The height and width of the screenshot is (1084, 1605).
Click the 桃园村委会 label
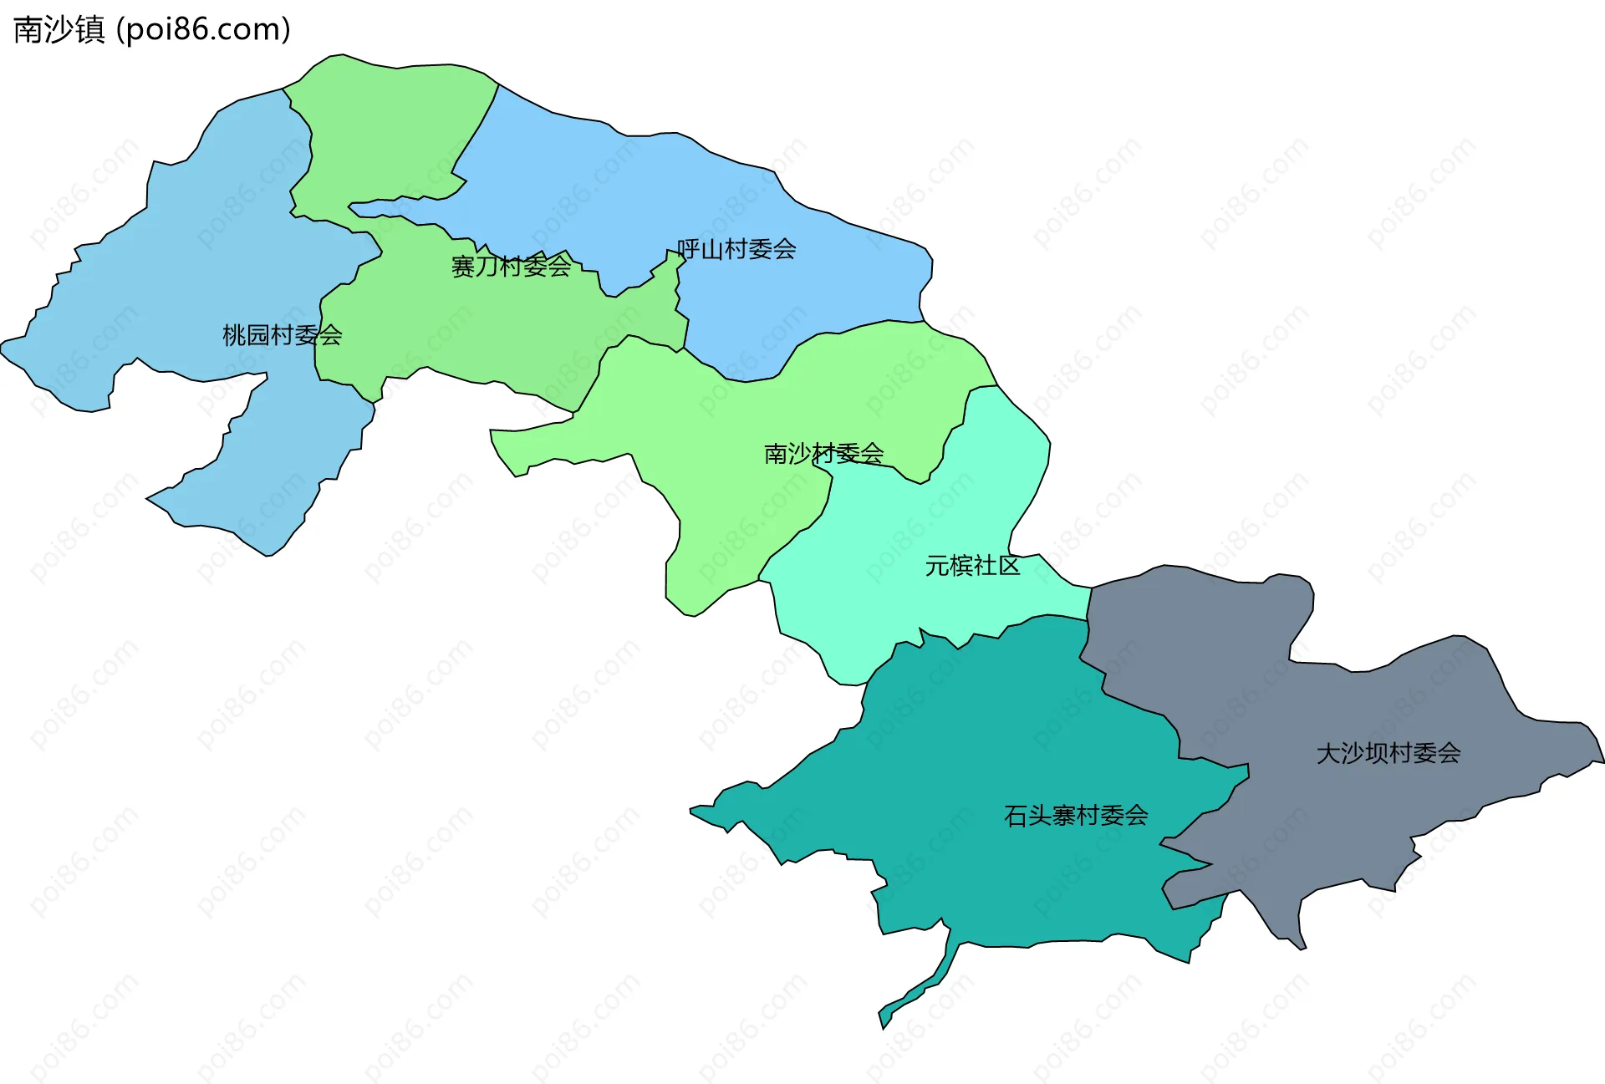[x=282, y=335]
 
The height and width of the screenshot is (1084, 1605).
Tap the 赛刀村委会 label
[x=511, y=267]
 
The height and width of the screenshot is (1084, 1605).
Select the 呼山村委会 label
[x=736, y=249]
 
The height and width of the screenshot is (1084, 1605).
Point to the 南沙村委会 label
[x=823, y=454]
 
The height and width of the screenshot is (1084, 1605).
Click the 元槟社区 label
[x=972, y=566]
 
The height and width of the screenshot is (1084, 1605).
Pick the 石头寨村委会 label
[x=1076, y=815]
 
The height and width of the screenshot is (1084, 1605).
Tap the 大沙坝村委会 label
[x=1388, y=753]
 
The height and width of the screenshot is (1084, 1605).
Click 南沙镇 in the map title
[x=59, y=30]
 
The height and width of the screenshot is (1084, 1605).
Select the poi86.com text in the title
[x=203, y=30]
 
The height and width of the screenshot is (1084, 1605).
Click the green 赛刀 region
[x=468, y=326]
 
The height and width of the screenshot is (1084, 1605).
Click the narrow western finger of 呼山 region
[x=393, y=205]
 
